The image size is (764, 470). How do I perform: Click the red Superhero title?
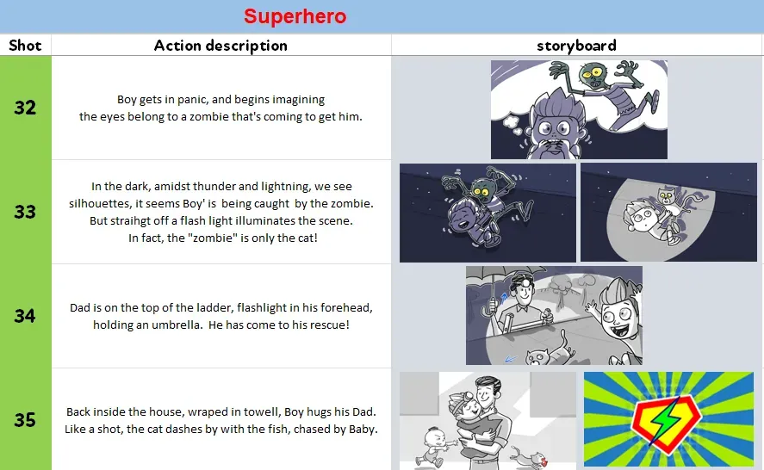(295, 16)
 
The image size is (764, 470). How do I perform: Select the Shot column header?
(25, 46)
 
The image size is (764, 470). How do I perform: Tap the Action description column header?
(221, 46)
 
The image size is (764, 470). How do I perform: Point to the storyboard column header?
(576, 46)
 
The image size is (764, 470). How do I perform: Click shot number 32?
(25, 108)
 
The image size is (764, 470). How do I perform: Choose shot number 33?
(25, 212)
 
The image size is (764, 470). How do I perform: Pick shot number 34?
(25, 316)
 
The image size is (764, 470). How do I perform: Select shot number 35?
(25, 420)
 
